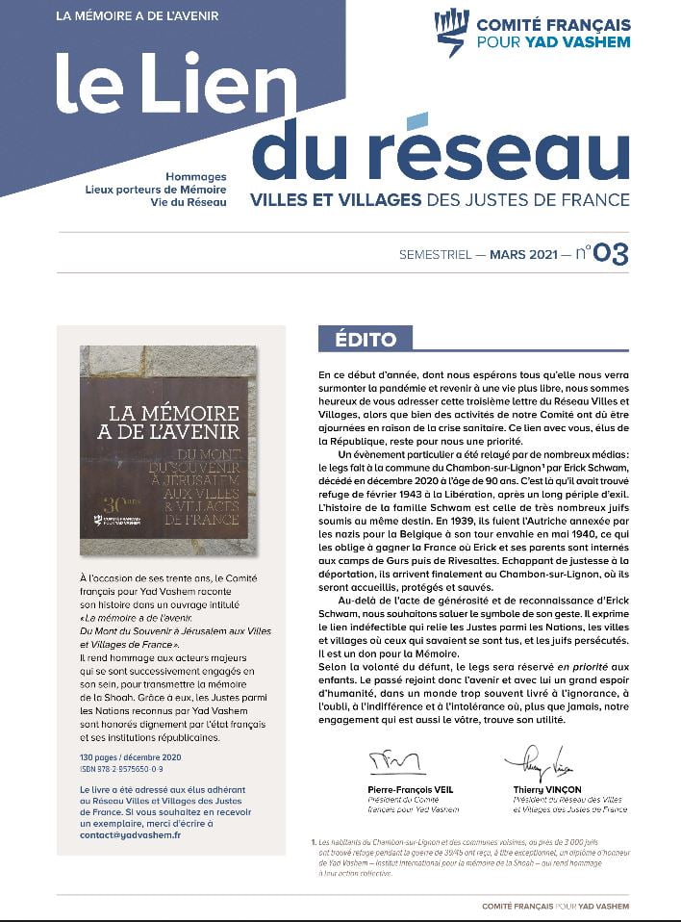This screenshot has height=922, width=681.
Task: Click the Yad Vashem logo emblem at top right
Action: click(x=450, y=33)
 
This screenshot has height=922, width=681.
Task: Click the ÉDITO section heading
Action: click(x=365, y=339)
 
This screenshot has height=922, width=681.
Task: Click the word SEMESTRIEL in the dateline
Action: click(x=436, y=255)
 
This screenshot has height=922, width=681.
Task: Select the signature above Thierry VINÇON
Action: click(x=527, y=761)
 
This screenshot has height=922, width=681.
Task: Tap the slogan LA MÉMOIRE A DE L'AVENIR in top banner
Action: click(x=137, y=16)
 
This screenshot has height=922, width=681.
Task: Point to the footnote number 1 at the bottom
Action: click(x=314, y=843)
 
